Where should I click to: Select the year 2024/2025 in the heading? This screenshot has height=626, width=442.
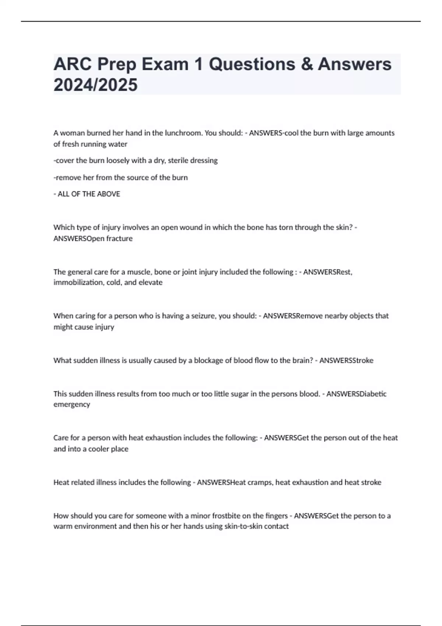[x=95, y=85]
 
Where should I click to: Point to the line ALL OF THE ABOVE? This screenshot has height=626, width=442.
[x=87, y=194]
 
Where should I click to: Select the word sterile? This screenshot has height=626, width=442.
[x=178, y=161]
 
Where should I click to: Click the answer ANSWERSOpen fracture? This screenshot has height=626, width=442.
[x=93, y=239]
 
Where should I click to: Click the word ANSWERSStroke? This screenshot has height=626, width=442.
[x=346, y=361]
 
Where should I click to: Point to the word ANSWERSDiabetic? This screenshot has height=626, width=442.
[x=356, y=394]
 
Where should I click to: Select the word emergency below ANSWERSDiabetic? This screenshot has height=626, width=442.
[x=71, y=404]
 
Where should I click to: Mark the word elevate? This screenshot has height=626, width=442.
[x=150, y=282]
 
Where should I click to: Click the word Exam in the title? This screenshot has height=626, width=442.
[x=165, y=64]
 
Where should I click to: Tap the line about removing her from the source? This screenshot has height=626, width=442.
[x=120, y=177]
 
